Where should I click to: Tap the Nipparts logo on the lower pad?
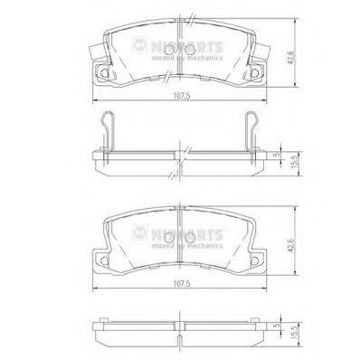tap(187, 229)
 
